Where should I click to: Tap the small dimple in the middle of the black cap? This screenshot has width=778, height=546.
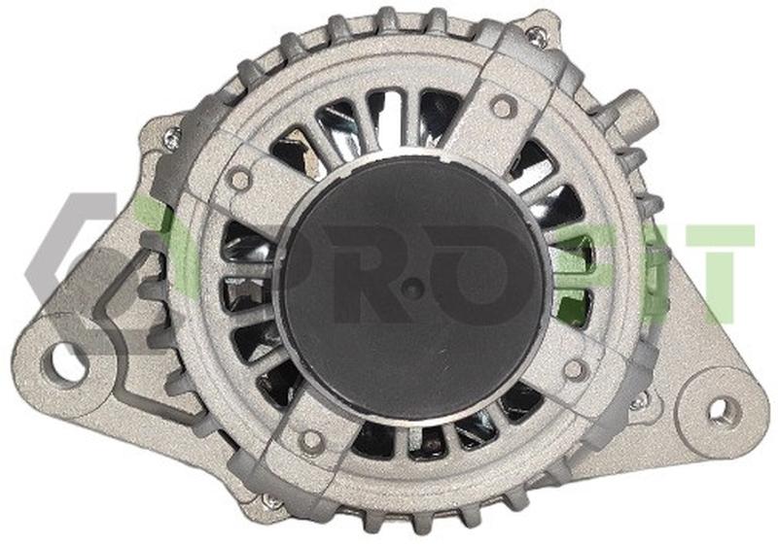tap(411, 287)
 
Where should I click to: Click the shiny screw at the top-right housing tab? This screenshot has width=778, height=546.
tap(534, 36)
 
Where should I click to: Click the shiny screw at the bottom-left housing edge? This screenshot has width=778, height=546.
tap(271, 502)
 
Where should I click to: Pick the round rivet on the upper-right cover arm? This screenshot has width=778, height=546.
tap(502, 108)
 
